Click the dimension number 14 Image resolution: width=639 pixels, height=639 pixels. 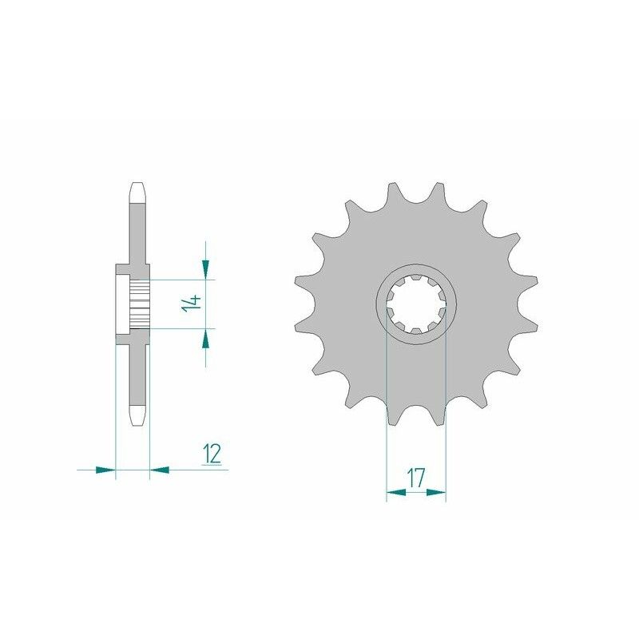tap(192, 304)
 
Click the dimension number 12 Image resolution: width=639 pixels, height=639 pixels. tap(212, 454)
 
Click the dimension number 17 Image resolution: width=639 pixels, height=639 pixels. tap(415, 477)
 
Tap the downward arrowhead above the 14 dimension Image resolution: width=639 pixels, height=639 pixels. tap(205, 269)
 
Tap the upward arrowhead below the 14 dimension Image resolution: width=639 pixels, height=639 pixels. tap(205, 339)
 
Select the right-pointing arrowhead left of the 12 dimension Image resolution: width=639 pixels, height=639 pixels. tap(105, 470)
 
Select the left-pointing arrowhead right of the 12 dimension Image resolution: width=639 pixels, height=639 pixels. tap(159, 470)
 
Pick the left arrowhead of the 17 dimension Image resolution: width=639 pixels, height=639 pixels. tap(396, 493)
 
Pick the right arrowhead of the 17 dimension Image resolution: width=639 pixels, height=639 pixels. tap(435, 493)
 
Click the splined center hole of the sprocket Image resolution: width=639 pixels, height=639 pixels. tap(416, 304)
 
